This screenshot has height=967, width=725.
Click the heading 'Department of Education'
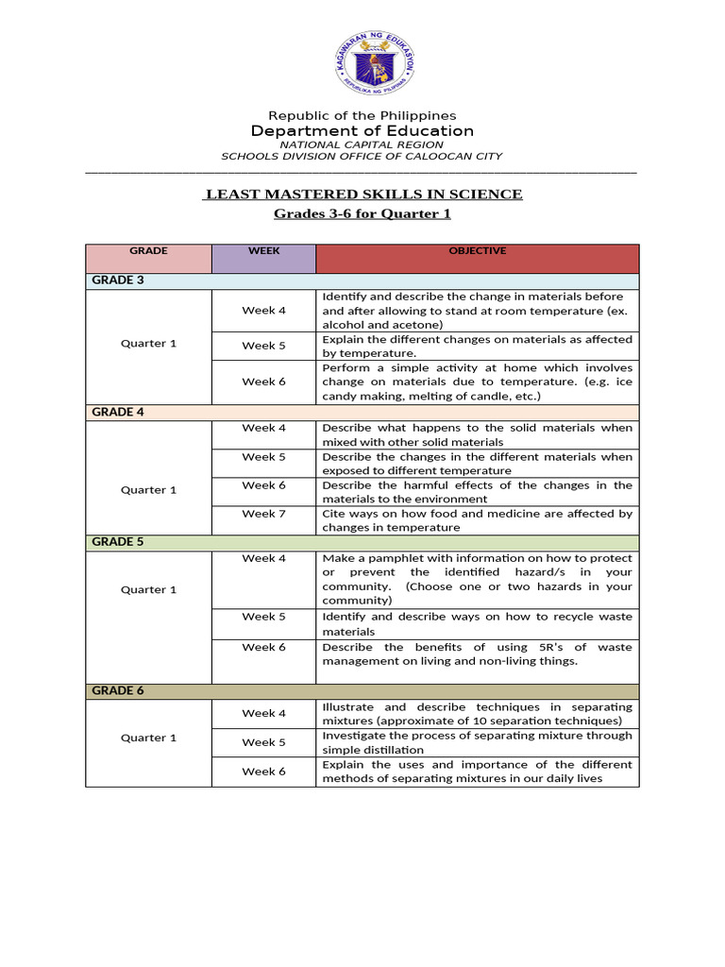[x=362, y=130]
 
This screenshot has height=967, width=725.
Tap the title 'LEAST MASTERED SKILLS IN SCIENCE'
[x=363, y=195]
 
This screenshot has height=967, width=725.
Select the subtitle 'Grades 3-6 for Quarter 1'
[x=362, y=213]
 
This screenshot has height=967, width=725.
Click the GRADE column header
[x=148, y=251]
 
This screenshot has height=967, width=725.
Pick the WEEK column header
[x=263, y=251]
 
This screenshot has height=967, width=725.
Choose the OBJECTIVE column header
[x=477, y=251]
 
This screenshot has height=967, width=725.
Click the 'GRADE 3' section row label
[x=117, y=280]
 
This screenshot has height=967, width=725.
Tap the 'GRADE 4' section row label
[x=117, y=412]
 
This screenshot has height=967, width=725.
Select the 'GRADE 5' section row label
[x=117, y=542]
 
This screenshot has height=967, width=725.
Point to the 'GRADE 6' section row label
[x=117, y=690]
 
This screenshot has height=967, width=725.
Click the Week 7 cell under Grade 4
[x=263, y=514]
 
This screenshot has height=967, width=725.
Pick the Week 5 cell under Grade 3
[x=263, y=346]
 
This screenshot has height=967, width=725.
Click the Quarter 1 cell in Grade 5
[x=148, y=589]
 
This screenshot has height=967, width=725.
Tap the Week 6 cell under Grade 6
[x=263, y=772]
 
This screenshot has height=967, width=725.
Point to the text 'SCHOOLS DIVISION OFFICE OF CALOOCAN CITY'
[x=362, y=157]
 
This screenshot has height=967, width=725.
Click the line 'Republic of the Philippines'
[x=362, y=115]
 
